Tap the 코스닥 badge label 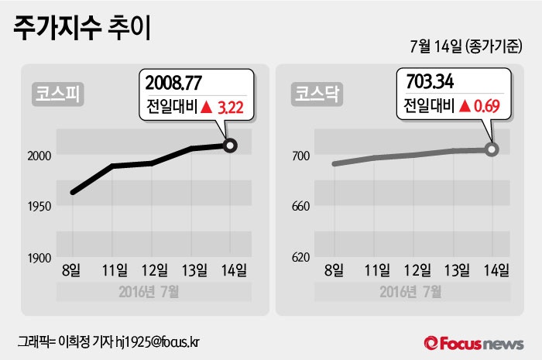click(x=314, y=94)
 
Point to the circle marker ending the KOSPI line click(x=229, y=145)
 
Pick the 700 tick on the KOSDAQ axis click(x=300, y=156)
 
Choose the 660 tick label click(x=300, y=207)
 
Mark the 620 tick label click(x=300, y=258)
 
